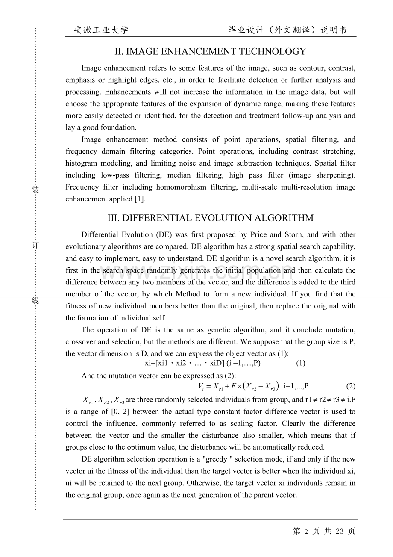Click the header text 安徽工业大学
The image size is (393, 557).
(101, 30)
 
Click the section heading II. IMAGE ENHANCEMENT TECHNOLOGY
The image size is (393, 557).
(210, 52)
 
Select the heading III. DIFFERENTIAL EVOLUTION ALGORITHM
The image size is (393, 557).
(210, 218)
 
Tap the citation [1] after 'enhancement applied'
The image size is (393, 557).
(139, 199)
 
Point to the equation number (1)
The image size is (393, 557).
(300, 363)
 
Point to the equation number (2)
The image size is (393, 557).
(350, 386)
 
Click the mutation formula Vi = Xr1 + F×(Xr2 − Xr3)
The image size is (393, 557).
(238, 386)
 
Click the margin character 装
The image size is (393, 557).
(35, 190)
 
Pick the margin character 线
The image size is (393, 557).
(35, 300)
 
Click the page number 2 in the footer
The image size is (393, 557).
(306, 531)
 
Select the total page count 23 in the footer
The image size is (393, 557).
(340, 531)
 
